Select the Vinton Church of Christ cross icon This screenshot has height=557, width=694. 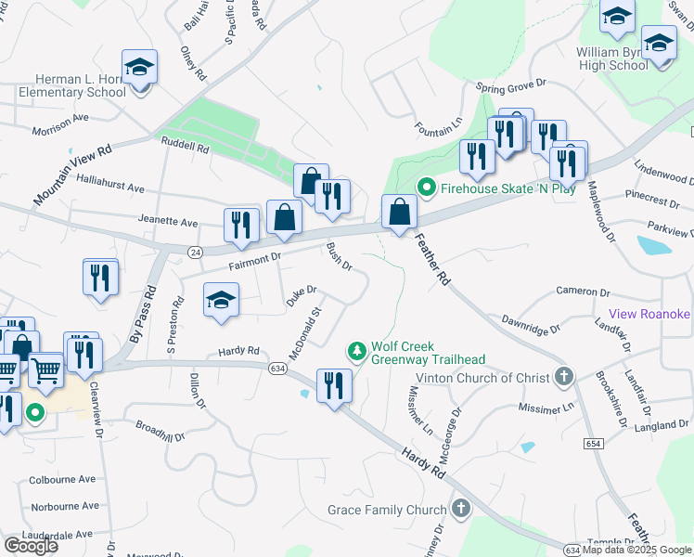coord(562,377)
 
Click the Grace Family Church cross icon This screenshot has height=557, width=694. coord(461,509)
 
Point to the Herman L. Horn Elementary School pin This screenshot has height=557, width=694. coord(140,69)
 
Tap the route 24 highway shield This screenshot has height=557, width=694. coord(194,252)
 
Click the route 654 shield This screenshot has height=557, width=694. coord(594,445)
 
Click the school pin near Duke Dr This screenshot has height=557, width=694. coord(221,302)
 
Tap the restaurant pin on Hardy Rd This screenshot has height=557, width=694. coord(334,384)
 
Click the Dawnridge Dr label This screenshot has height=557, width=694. coord(531,323)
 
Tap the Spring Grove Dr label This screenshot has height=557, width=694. coord(511,86)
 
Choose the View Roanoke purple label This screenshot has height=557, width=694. coord(649,314)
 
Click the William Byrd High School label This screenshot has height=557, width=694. coord(612,58)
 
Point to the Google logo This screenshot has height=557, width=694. coord(31,545)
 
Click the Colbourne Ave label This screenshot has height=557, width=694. coord(62,479)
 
